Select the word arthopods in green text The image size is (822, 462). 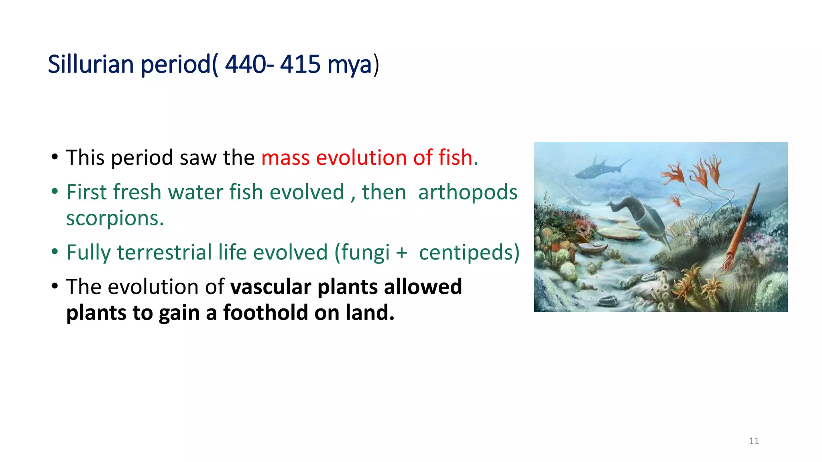pos(468,192)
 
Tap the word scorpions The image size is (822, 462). pos(115,219)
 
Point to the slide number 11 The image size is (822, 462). pos(754,441)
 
